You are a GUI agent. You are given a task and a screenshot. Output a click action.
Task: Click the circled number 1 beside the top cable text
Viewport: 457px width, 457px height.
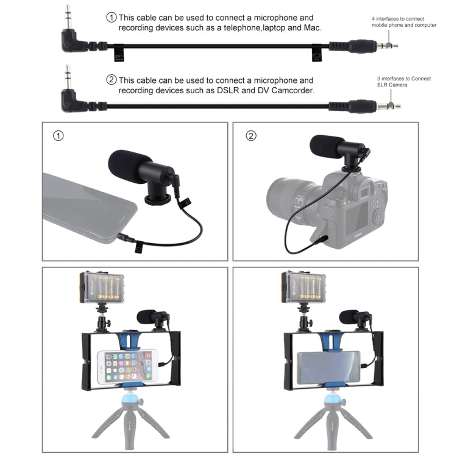point(111,18)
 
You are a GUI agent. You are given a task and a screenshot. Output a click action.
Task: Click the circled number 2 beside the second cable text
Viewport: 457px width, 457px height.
point(111,80)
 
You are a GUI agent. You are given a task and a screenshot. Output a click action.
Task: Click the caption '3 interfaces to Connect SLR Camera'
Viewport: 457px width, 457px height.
point(403,82)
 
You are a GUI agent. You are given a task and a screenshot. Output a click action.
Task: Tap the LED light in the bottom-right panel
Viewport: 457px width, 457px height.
point(302,289)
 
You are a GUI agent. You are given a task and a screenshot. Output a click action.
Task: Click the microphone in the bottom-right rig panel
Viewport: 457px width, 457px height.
point(351,317)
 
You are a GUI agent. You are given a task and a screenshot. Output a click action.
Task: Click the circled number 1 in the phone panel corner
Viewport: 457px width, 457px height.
point(58,136)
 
